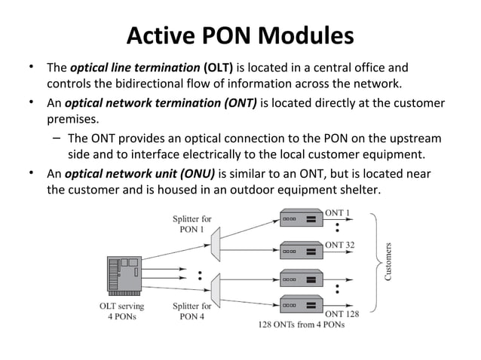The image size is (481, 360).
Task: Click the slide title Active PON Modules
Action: pos(240,35)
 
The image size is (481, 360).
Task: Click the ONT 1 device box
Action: pos(300,219)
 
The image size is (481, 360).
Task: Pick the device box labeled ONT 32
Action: pos(300,249)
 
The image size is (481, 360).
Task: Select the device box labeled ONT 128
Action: pos(300,305)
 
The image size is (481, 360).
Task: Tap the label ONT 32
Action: pos(340,245)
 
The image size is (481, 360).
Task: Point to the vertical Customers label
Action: pos(389,261)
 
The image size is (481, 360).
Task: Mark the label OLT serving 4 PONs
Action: pos(122,311)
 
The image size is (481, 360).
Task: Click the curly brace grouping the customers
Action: pos(375,261)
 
